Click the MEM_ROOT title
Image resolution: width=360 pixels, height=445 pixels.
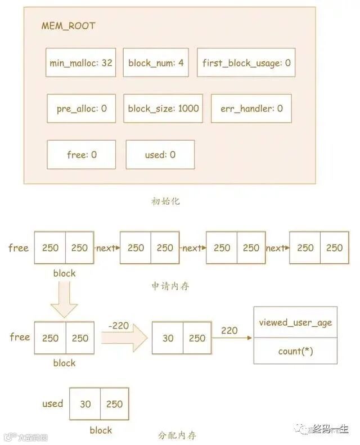pos(69,26)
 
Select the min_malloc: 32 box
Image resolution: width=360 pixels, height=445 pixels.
pos(81,62)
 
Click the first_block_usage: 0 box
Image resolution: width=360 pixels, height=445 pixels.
pos(246,63)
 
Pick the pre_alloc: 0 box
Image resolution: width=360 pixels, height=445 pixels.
pos(82,108)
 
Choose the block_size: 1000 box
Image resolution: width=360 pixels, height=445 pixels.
pos(163,108)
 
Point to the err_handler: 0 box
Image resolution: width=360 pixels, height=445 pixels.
pos(251,108)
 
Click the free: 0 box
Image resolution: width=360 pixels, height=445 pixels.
pos(82,154)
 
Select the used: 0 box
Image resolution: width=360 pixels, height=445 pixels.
pos(160,154)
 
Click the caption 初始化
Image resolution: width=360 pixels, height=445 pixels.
pos(166,201)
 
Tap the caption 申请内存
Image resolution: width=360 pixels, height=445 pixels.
pos(170,286)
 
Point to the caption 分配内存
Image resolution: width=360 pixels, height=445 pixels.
pos(178,435)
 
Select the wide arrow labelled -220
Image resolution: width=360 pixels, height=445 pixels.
pos(124,338)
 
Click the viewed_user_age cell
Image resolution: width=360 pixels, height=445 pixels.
pos(295,322)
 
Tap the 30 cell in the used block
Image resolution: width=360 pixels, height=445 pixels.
pos(85,404)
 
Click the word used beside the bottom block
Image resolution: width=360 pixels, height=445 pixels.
pos(53,403)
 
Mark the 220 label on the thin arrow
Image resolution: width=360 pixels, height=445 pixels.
pos(229,331)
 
